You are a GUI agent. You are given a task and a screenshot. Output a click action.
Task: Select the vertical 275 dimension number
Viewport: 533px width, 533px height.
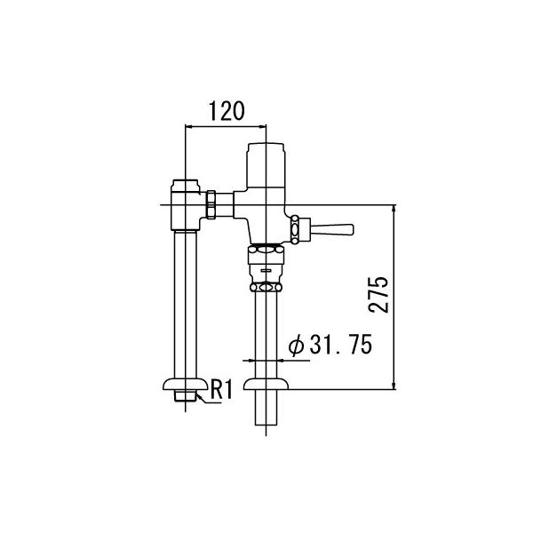[379, 294]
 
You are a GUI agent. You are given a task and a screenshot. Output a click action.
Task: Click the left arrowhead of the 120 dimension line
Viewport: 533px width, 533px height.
[187, 126]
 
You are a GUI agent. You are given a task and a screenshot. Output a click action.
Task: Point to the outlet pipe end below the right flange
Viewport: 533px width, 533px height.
[265, 413]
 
